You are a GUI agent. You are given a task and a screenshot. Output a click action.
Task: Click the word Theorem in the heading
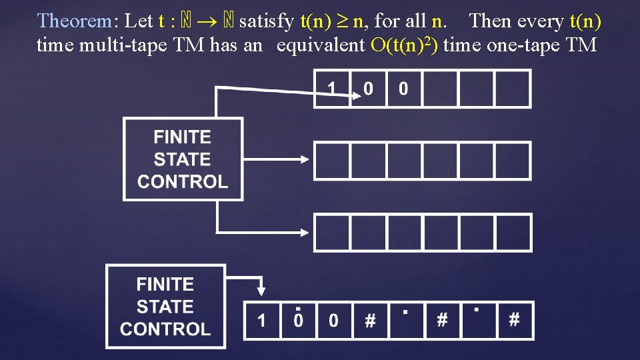click(75, 21)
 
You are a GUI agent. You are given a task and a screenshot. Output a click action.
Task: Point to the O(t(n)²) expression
click(404, 45)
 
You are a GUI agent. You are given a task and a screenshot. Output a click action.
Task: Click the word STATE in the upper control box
click(181, 159)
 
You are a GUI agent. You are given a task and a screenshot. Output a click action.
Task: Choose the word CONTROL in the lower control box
click(165, 329)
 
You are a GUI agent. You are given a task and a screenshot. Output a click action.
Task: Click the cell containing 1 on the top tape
click(331, 89)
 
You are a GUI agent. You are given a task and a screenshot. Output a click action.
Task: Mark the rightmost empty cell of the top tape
click(513, 89)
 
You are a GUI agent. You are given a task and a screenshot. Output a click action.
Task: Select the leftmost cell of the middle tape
click(331, 160)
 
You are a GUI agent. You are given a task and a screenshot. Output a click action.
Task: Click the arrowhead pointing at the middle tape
click(305, 159)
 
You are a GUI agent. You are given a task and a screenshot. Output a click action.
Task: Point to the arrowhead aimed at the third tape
click(305, 232)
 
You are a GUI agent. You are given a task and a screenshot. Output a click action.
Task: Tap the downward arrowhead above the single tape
click(261, 290)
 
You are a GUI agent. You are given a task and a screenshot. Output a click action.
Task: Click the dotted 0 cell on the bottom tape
click(298, 320)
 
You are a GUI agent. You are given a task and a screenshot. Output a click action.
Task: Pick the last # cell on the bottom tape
click(514, 320)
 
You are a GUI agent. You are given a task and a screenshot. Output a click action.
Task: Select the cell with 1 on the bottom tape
click(261, 320)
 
